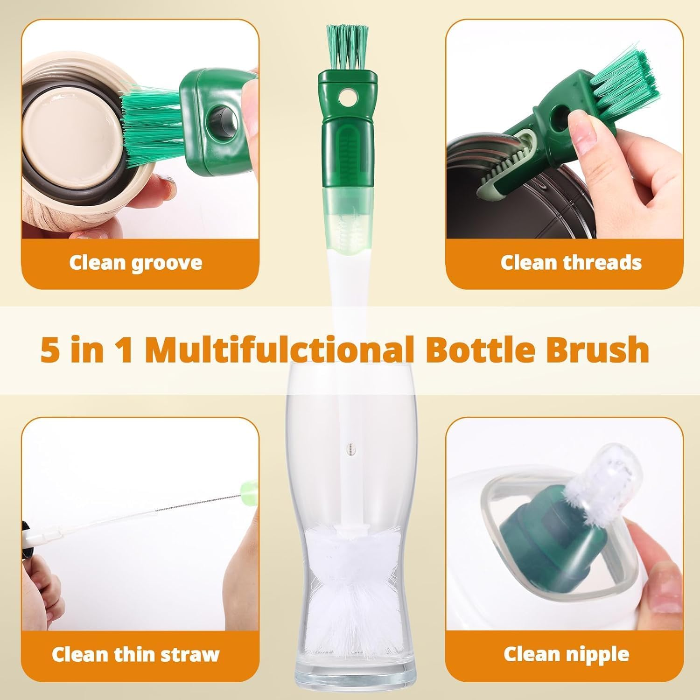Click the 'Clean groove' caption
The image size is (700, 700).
coord(135,263)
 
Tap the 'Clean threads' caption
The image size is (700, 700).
coord(571,263)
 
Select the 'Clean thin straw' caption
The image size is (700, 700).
coord(135,654)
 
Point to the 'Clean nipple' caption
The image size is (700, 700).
coord(566,654)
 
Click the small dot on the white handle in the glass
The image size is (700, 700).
coord(350,448)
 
